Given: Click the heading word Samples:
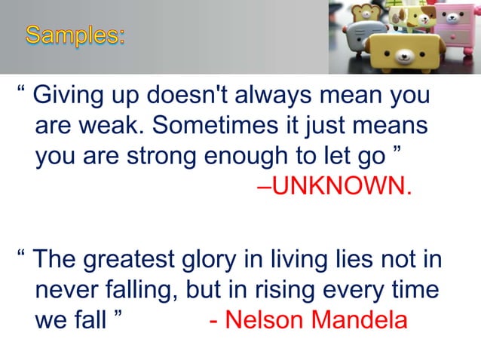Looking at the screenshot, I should pos(75,35).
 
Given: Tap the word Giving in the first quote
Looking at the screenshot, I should pos(69,97).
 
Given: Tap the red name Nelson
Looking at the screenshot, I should pos(263,319).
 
